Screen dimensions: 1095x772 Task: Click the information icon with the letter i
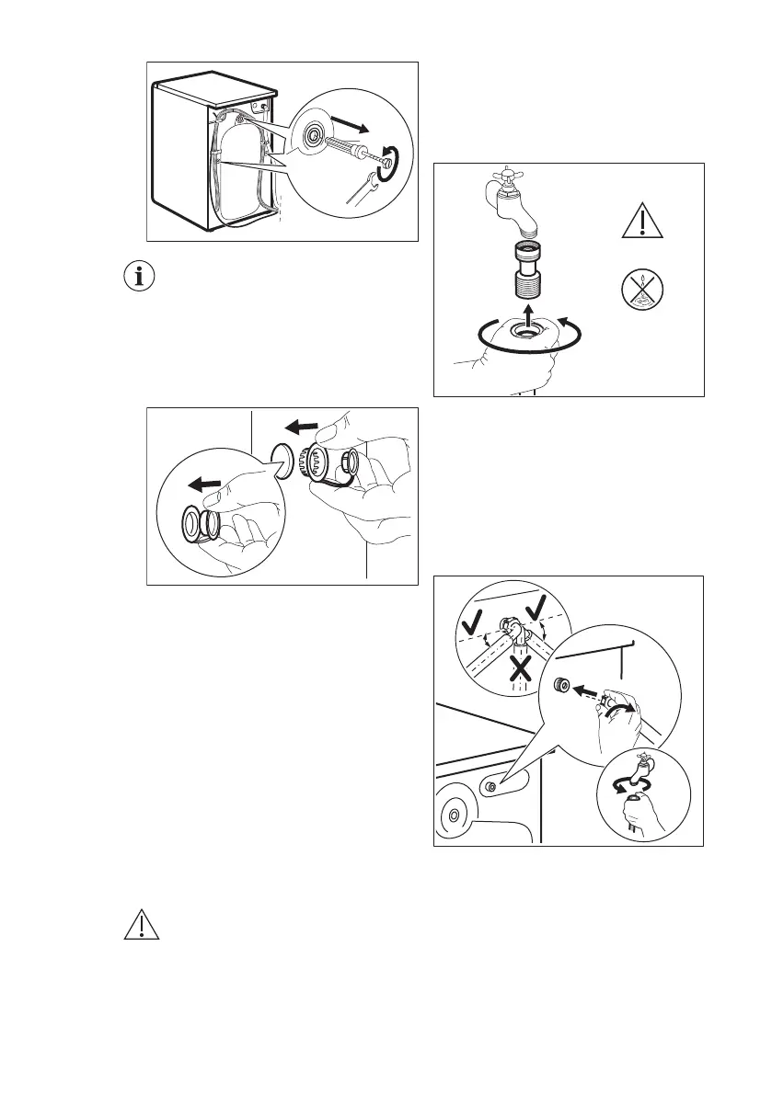[140, 278]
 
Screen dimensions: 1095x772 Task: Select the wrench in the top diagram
[360, 188]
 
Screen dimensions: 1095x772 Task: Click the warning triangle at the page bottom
[141, 926]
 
